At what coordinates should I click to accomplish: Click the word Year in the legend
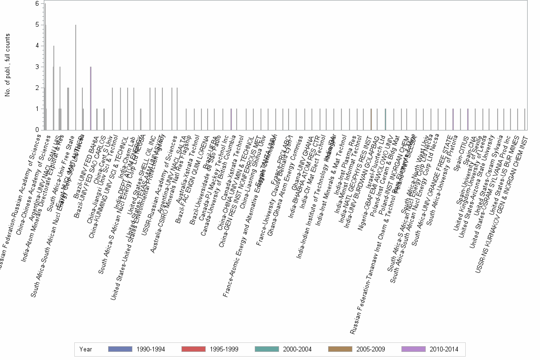(86, 349)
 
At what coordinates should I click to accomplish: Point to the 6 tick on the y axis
(37, 4)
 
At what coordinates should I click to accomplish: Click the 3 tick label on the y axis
(37, 67)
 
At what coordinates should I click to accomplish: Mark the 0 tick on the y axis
(37, 130)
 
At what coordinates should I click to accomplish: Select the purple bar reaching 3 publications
(90, 98)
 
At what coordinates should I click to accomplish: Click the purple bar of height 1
(468, 119)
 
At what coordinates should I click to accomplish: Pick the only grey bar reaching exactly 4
(54, 88)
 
